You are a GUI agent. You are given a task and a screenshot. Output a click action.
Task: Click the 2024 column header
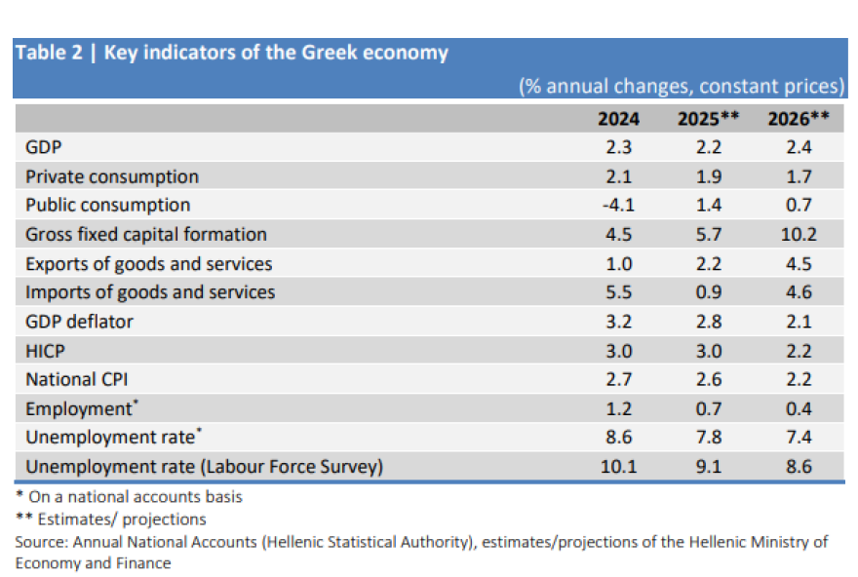click(x=618, y=119)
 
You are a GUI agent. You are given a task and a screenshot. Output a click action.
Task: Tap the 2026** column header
click(x=799, y=119)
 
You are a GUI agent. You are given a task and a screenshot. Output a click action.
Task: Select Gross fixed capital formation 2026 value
click(x=799, y=234)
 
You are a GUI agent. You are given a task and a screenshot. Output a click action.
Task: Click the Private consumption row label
click(x=111, y=176)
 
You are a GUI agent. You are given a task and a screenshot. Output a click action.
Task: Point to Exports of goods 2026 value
click(x=799, y=263)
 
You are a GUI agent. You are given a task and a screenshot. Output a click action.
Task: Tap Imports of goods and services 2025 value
click(x=709, y=292)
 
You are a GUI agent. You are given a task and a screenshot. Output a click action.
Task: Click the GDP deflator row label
click(x=79, y=322)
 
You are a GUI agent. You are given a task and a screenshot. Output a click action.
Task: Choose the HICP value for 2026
click(x=799, y=350)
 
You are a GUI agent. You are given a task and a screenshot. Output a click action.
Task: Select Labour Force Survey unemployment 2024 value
click(x=618, y=467)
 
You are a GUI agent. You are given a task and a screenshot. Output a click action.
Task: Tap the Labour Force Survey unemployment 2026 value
click(x=799, y=467)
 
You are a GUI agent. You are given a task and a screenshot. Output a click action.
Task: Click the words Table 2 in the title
click(x=49, y=54)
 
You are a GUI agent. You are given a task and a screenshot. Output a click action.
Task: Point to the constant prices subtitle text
click(x=682, y=86)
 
